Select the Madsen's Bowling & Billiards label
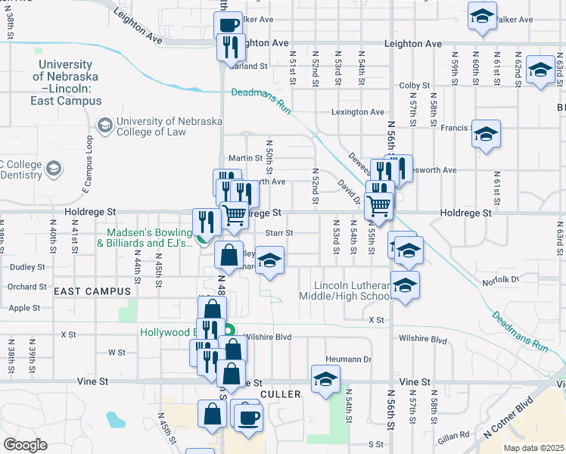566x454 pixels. point(144,238)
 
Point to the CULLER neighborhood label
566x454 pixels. point(281,394)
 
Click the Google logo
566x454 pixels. point(25,445)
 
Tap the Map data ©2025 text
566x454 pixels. point(533,448)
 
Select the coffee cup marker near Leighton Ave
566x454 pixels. point(228,24)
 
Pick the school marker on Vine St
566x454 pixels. point(325,378)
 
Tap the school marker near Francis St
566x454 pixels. point(486,133)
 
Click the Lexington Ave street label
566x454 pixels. point(357,112)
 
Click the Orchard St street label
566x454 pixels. point(27,287)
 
